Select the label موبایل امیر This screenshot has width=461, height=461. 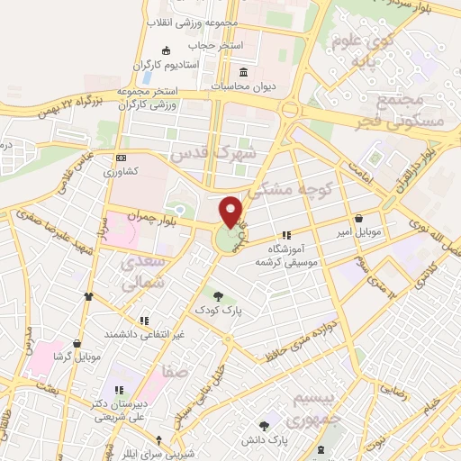pyautogui.click(x=359, y=233)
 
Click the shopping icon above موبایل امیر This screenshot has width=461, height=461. pyautogui.click(x=359, y=219)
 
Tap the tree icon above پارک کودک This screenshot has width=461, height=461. pyautogui.click(x=217, y=294)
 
